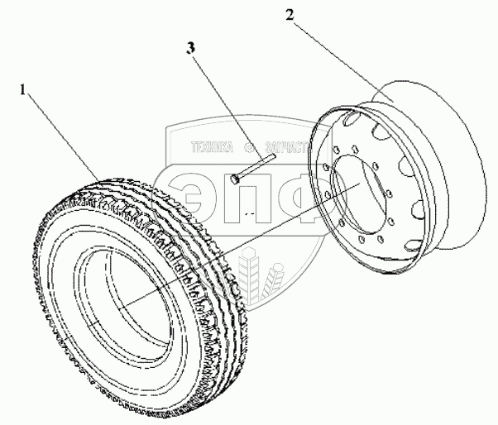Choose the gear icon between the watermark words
click(247, 150)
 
